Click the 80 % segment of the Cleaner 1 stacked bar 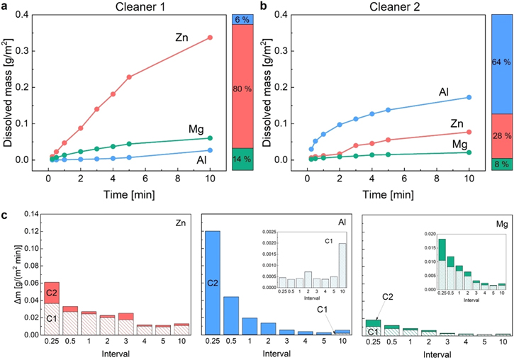pyautogui.click(x=242, y=89)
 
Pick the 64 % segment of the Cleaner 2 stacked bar pyautogui.click(x=501, y=62)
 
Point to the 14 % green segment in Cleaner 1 pyautogui.click(x=242, y=159)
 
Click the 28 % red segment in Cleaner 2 pyautogui.click(x=501, y=135)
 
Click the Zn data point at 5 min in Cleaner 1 pyautogui.click(x=129, y=77)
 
